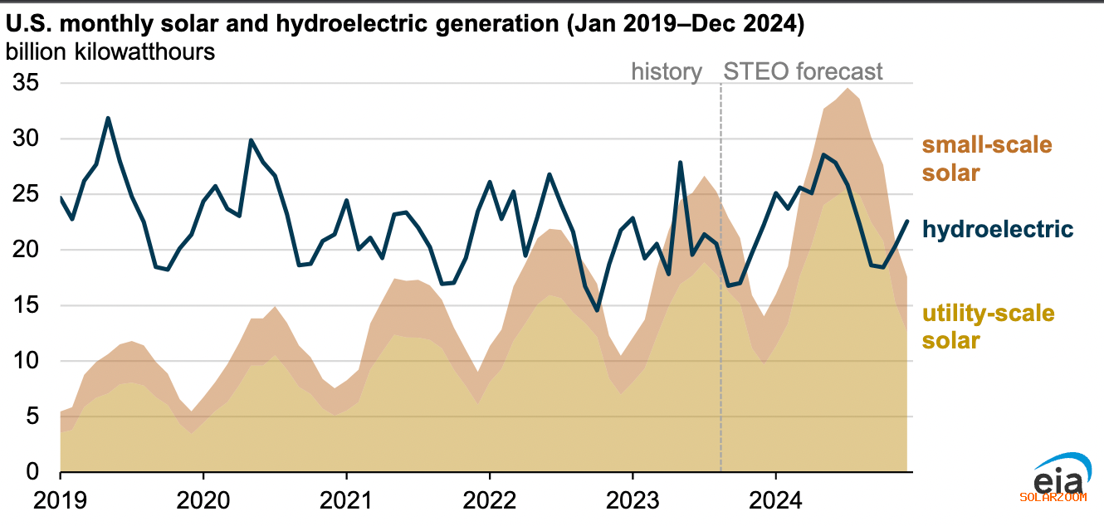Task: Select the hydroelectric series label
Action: (x=998, y=229)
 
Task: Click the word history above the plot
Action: (x=667, y=72)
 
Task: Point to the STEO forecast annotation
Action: (x=803, y=72)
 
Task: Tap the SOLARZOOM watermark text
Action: (x=1052, y=497)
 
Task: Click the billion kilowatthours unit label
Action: (x=110, y=51)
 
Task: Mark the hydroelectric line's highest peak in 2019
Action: (x=108, y=118)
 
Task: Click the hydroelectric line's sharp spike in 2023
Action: (x=680, y=163)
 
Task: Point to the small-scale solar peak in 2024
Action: (x=847, y=89)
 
